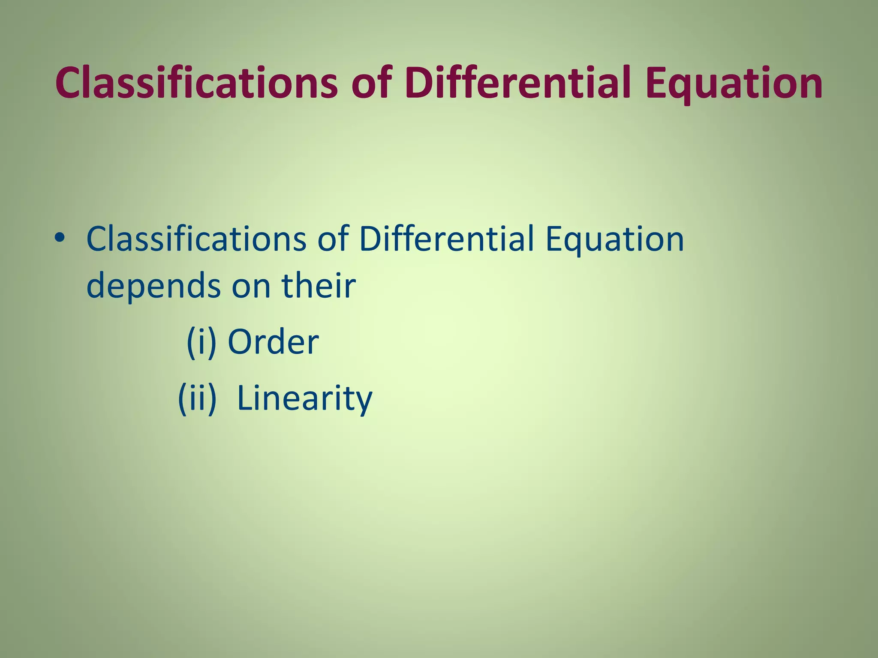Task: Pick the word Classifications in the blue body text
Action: [x=196, y=239]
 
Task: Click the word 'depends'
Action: [x=154, y=287]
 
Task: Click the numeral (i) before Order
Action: [x=201, y=342]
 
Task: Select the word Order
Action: [x=273, y=342]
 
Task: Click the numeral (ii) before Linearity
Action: [x=197, y=398]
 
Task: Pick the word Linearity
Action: [x=304, y=398]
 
